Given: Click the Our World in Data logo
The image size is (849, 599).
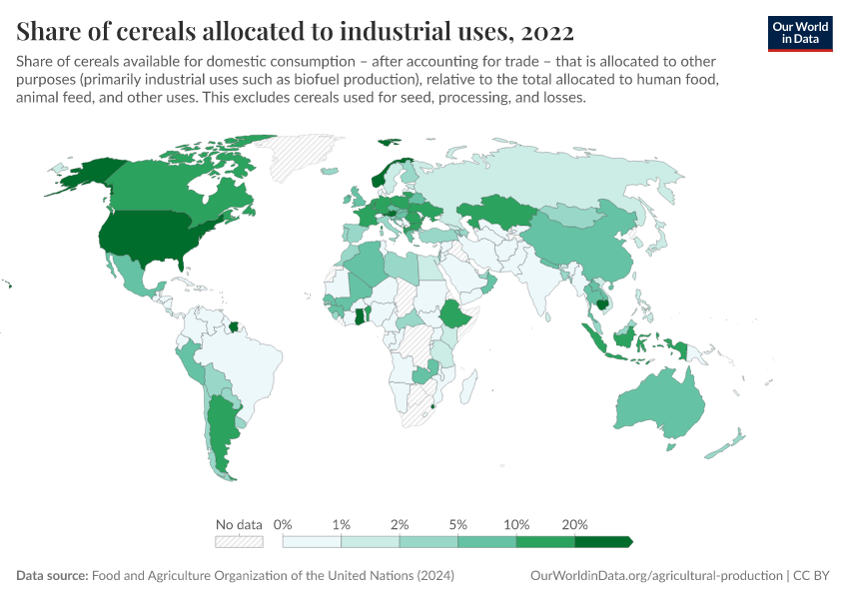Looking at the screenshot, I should click(799, 32).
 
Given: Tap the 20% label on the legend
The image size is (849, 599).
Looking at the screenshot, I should click(575, 524).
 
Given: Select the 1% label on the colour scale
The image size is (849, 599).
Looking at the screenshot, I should click(342, 524).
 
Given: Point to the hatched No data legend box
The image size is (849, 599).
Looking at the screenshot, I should click(240, 542).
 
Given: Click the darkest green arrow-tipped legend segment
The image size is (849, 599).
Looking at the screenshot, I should click(603, 542).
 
